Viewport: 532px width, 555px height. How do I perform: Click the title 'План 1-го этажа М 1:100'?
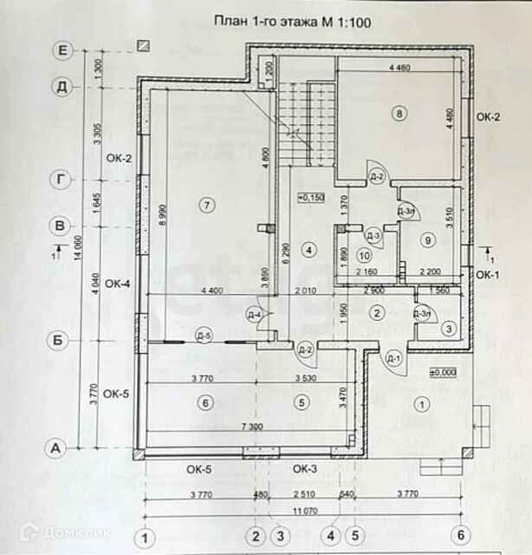point(291,23)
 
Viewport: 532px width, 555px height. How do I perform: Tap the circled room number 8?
point(399,114)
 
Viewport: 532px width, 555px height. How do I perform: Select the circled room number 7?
point(205,205)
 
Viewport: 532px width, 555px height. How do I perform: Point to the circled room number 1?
point(422,403)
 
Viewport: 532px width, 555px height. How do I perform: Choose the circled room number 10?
point(364,256)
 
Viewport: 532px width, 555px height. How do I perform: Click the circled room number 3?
point(447,329)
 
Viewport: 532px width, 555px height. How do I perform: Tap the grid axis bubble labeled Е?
point(62,50)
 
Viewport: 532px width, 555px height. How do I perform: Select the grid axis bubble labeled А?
point(56,448)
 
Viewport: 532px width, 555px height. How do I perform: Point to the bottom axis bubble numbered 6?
point(461,535)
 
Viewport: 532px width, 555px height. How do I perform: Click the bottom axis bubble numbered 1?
point(147,535)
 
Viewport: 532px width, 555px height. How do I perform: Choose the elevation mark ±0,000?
point(443,372)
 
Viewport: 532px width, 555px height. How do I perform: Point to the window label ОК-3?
point(304,469)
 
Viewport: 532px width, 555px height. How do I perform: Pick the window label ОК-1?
point(487,275)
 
